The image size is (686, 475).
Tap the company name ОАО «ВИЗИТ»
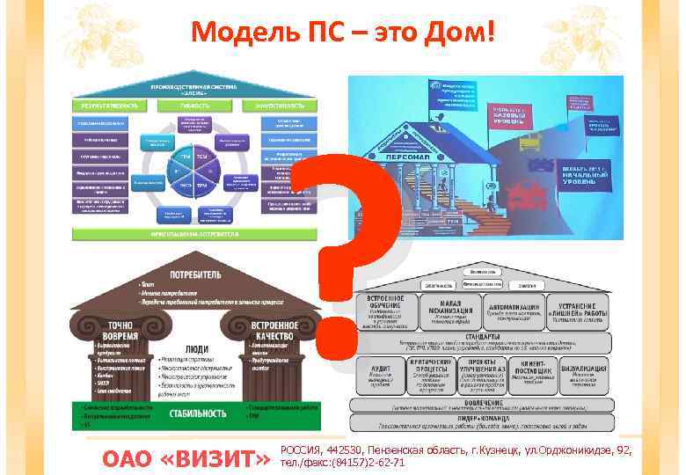(x=186, y=457)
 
